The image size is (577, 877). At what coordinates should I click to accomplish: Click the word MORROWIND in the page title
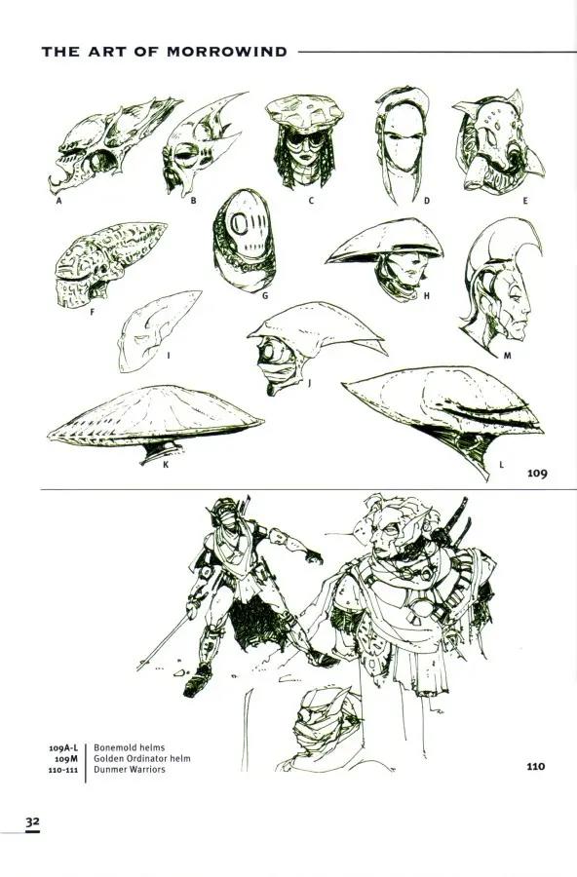coord(227,52)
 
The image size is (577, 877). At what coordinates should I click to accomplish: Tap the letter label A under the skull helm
coord(58,200)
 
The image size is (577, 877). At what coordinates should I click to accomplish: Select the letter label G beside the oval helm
coord(265,295)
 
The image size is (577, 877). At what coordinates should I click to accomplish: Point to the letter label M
coord(507,355)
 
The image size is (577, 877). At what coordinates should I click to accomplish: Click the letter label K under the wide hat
coord(166,464)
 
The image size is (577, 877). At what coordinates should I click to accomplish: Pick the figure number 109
coord(537,474)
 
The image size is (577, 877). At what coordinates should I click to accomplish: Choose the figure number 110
coord(536,766)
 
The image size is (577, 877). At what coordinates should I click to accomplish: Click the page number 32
coord(32,821)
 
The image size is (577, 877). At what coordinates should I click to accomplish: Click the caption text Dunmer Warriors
coord(130,769)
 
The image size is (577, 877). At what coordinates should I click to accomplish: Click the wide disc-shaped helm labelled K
coord(156,418)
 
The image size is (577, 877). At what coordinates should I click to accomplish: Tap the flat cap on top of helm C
coord(304,111)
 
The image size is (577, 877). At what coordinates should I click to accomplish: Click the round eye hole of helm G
coord(239,224)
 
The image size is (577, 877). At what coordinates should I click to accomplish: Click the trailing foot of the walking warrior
coord(197,681)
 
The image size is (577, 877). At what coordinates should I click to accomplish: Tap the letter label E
coord(525,200)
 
